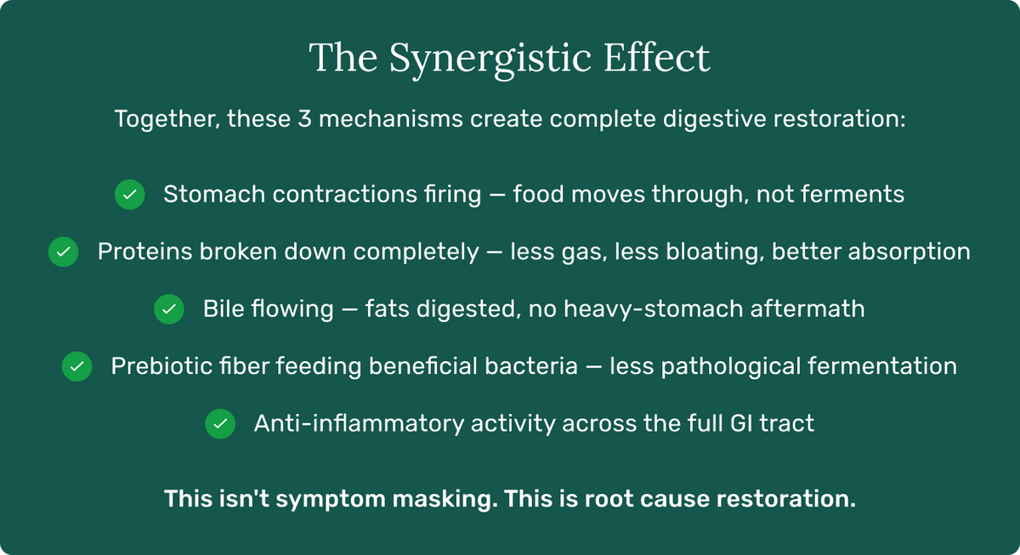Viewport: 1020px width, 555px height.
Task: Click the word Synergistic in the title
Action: pyautogui.click(x=490, y=59)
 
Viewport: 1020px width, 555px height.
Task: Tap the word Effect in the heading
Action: pyautogui.click(x=656, y=57)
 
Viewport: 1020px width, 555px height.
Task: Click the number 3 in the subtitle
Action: pyautogui.click(x=304, y=119)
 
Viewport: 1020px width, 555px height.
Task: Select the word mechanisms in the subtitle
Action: pyautogui.click(x=391, y=119)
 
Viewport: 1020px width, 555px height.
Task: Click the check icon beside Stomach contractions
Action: pyautogui.click(x=130, y=195)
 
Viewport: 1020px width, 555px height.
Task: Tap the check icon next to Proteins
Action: pyautogui.click(x=63, y=252)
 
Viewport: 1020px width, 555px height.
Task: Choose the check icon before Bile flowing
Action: pyautogui.click(x=169, y=309)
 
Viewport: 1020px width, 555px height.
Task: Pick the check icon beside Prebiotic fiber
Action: pyautogui.click(x=77, y=366)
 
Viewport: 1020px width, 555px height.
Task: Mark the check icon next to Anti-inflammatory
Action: pyautogui.click(x=220, y=424)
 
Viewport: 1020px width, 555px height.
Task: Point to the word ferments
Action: pyautogui.click(x=853, y=195)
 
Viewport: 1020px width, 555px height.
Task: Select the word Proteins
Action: pyautogui.click(x=144, y=252)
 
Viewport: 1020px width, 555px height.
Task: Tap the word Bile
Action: pyautogui.click(x=223, y=309)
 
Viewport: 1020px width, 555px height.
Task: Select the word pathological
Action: pyautogui.click(x=731, y=367)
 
